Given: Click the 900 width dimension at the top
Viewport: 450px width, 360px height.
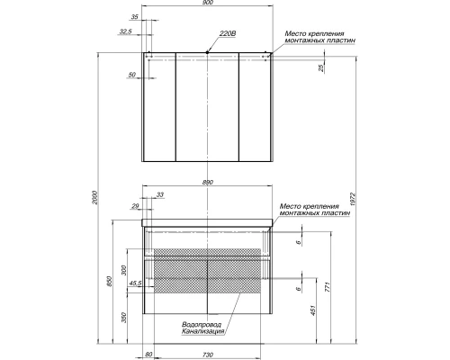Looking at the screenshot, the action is pyautogui.click(x=208, y=3).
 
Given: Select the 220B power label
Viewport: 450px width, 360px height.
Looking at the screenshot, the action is pyautogui.click(x=228, y=33).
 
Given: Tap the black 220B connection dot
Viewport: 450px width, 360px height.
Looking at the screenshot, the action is pyautogui.click(x=207, y=52).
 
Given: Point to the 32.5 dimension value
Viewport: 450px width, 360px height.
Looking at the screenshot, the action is pyautogui.click(x=126, y=31).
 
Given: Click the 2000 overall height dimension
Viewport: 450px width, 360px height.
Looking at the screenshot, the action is pyautogui.click(x=94, y=197).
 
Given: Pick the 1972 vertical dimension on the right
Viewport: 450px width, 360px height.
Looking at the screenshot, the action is pyautogui.click(x=353, y=199).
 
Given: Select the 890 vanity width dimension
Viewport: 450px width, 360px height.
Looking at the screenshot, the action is pyautogui.click(x=208, y=182).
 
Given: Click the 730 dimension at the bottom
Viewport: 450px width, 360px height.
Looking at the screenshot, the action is pyautogui.click(x=208, y=355).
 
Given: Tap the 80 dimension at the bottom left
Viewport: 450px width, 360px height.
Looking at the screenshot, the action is pyautogui.click(x=148, y=355).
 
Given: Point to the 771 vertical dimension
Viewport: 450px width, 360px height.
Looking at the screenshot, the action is pyautogui.click(x=328, y=287).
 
